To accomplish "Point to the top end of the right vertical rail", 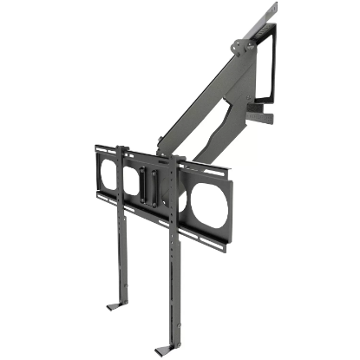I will pyautogui.click(x=181, y=160).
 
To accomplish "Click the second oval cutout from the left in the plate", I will pyautogui.click(x=132, y=178).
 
